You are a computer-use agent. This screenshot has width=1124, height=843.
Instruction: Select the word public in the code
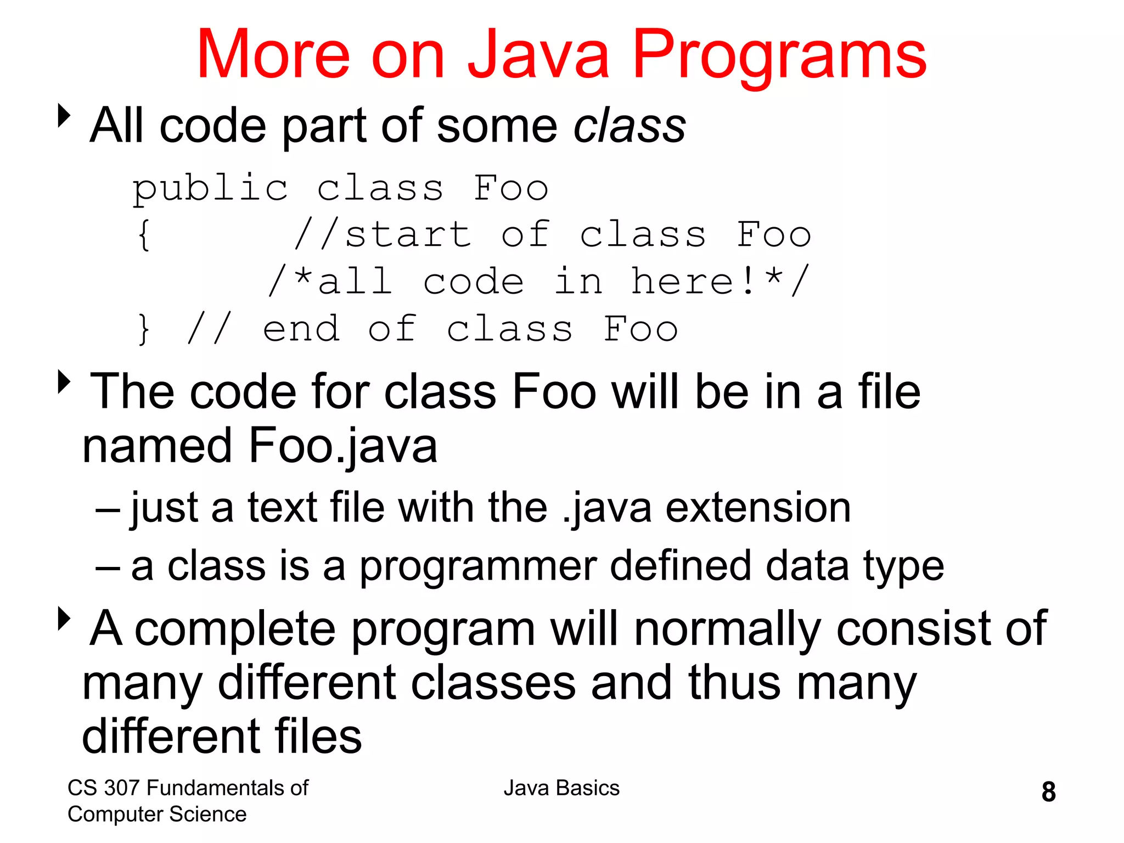click(x=210, y=189)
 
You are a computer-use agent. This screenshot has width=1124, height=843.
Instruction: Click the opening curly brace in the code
click(x=144, y=235)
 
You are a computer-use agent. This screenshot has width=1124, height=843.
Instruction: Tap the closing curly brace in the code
click(x=144, y=329)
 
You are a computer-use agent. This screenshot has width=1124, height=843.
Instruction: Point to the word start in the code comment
click(x=408, y=235)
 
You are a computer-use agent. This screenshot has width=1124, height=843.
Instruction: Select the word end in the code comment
click(x=301, y=329)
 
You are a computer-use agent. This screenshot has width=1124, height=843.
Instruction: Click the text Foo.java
click(x=342, y=446)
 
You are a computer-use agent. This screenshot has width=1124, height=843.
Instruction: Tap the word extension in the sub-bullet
click(x=758, y=508)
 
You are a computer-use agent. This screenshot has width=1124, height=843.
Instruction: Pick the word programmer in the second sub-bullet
click(x=478, y=567)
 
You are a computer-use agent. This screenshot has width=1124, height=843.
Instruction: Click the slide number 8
click(x=1048, y=792)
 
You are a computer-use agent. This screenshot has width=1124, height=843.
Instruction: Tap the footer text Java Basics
click(x=561, y=788)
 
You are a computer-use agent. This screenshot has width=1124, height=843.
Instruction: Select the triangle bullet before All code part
click(x=64, y=116)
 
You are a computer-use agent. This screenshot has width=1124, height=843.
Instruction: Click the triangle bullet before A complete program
click(x=64, y=619)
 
